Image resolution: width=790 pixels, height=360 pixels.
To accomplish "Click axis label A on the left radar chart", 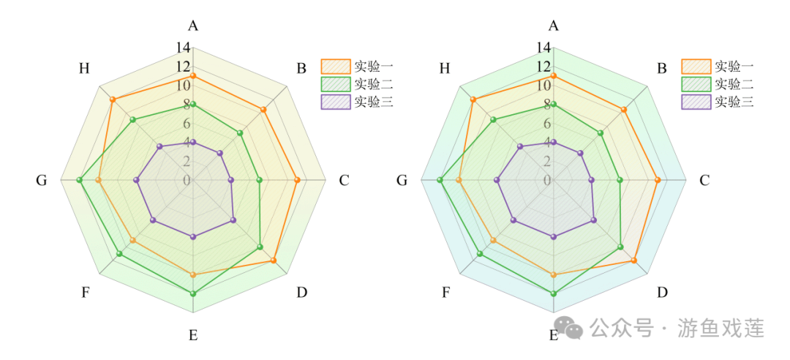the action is pyautogui.click(x=193, y=26).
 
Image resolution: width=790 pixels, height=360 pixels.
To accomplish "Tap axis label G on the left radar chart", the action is pyautogui.click(x=41, y=180).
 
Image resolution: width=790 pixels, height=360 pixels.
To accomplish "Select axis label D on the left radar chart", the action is pyautogui.click(x=301, y=293).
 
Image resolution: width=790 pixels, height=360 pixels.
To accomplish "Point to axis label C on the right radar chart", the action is pyautogui.click(x=704, y=180).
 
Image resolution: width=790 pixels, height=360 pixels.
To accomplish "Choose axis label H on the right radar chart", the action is pyautogui.click(x=444, y=69).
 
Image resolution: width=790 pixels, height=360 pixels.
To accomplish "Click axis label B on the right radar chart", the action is pyautogui.click(x=662, y=69).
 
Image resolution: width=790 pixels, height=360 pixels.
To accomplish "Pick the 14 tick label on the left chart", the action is pyautogui.click(x=182, y=48).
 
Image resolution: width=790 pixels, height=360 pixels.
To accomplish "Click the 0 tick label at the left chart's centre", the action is pyautogui.click(x=187, y=180).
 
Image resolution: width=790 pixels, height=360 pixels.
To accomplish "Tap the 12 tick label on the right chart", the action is pyautogui.click(x=543, y=67).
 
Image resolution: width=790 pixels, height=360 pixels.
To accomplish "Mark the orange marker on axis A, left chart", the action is pyautogui.click(x=193, y=76).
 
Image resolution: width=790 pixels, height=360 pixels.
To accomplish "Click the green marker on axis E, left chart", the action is pyautogui.click(x=193, y=293).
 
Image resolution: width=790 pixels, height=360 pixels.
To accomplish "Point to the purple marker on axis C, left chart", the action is pyautogui.click(x=231, y=180).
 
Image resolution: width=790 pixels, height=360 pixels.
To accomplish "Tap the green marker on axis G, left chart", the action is pyautogui.click(x=80, y=180).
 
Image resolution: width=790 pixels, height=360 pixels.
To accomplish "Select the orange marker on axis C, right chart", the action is pyautogui.click(x=658, y=180).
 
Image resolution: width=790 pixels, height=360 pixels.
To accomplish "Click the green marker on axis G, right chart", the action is pyautogui.click(x=440, y=180).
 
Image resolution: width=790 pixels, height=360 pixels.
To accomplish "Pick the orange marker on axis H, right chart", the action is pyautogui.click(x=473, y=100).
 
